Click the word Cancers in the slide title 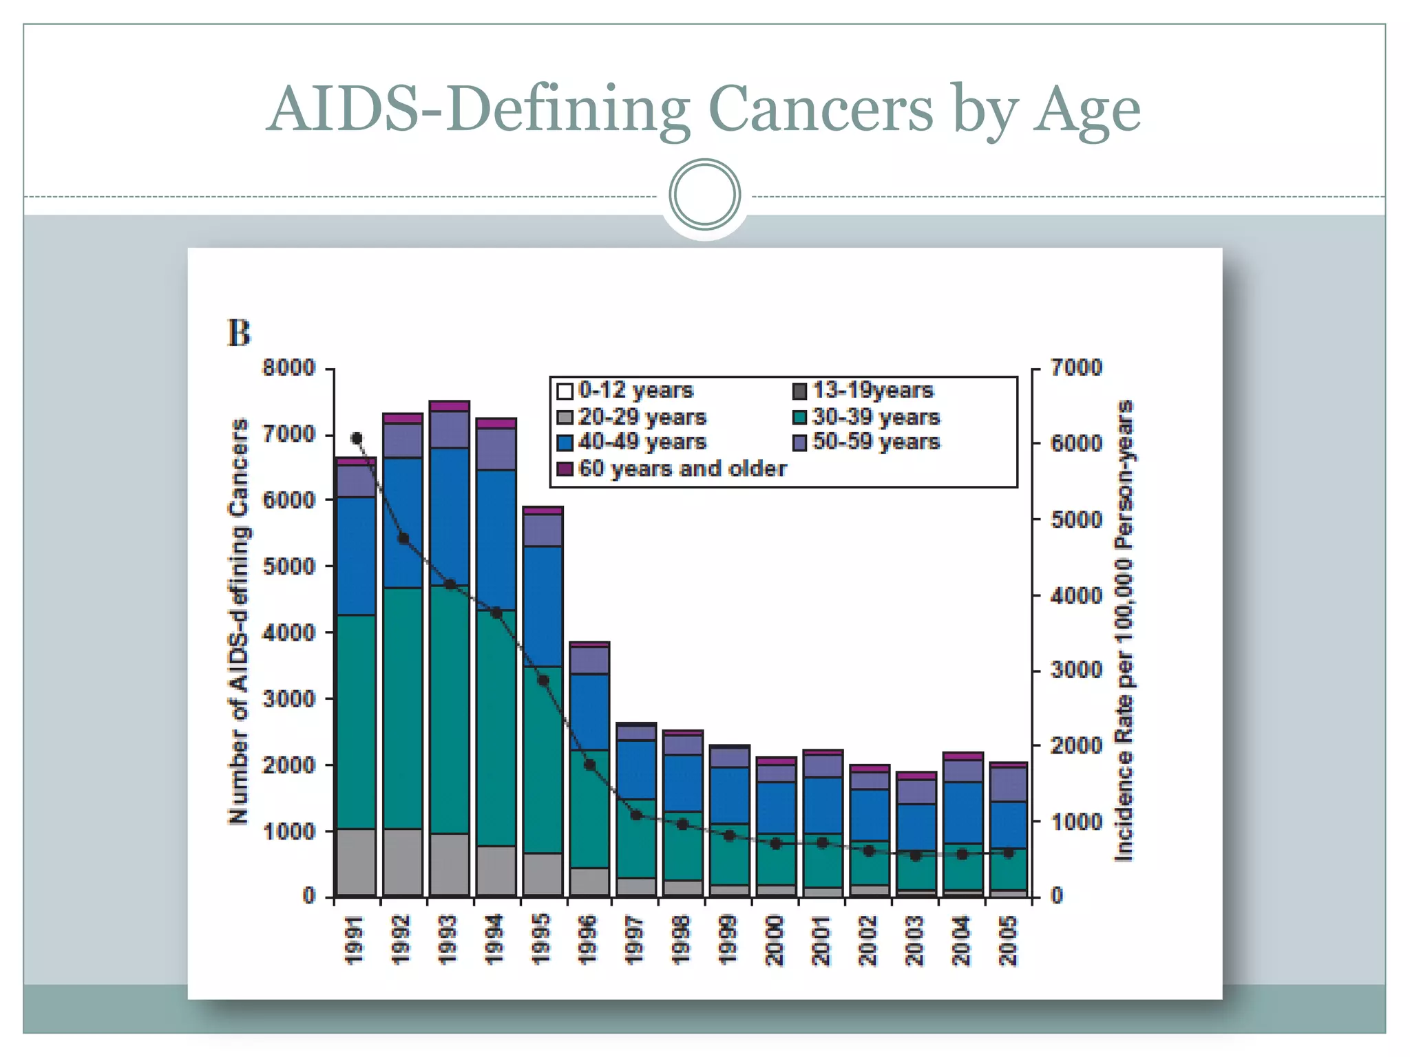coord(821,110)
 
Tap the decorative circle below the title coord(704,195)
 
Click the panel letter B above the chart coord(239,333)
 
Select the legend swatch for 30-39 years coord(799,418)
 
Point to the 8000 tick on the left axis coord(288,368)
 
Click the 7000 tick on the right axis coord(1076,368)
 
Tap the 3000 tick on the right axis coord(1076,670)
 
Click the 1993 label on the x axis coord(448,940)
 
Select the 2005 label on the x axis coord(1008,940)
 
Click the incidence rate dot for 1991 coord(357,438)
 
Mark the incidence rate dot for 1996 coord(589,765)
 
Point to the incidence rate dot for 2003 coord(916,856)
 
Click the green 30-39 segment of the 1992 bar coord(403,709)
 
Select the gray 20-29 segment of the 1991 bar coord(356,862)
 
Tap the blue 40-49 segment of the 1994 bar coord(496,540)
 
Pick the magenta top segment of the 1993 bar coord(449,406)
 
